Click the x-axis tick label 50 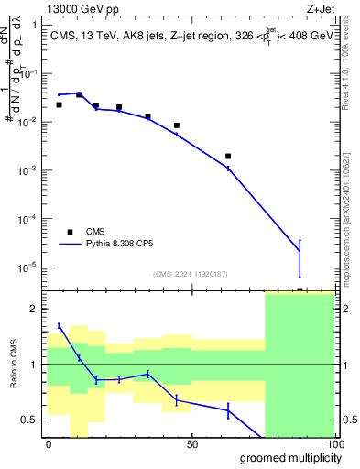tap(191, 444)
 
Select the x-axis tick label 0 tap(49, 444)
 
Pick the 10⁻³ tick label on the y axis tap(27, 170)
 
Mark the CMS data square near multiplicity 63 tap(228, 157)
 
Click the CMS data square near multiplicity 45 tap(177, 125)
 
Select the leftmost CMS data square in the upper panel tap(59, 105)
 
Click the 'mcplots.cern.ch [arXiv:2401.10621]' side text tap(352, 215)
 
